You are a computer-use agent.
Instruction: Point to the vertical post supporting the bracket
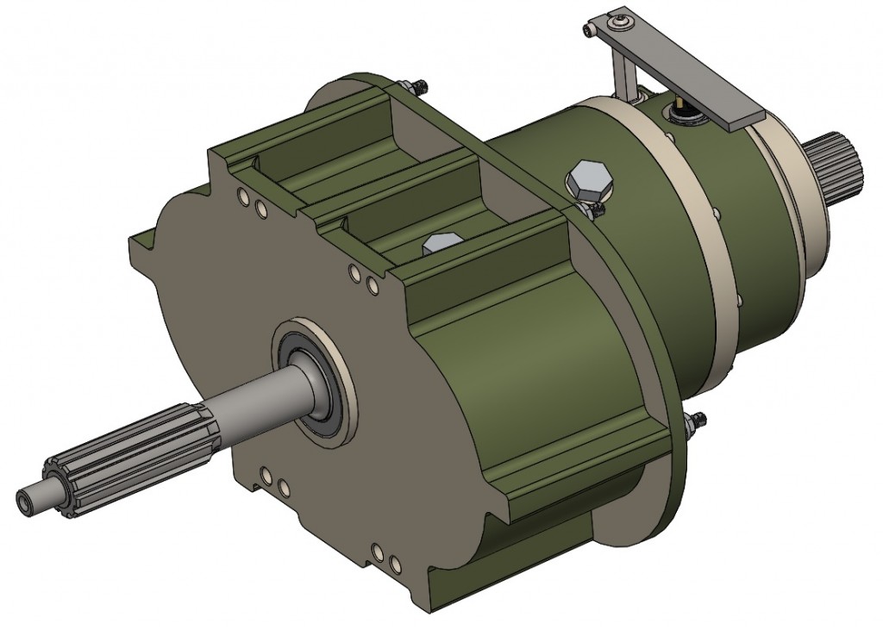619,73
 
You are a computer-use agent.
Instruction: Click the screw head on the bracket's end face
590,30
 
